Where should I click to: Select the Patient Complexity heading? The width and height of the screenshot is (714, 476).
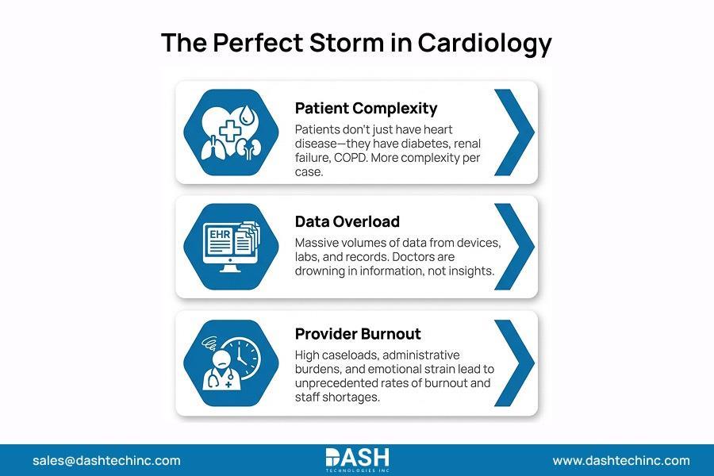click(x=366, y=108)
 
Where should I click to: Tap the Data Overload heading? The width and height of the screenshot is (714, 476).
click(x=347, y=221)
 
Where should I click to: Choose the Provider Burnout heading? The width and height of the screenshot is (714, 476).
click(x=358, y=334)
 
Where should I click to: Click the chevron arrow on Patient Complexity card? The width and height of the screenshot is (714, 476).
click(x=513, y=132)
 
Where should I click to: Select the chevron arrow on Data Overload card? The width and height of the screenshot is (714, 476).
click(x=513, y=247)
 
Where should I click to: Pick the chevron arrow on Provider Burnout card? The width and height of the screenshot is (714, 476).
click(x=513, y=362)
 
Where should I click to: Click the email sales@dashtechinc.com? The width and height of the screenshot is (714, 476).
click(x=106, y=460)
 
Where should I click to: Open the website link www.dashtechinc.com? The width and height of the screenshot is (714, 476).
click(x=621, y=460)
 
